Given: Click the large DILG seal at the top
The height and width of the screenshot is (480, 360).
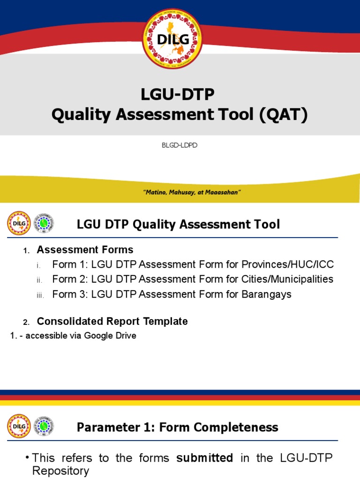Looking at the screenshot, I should pyautogui.click(x=172, y=39).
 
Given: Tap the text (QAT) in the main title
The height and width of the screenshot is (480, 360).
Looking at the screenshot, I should pyautogui.click(x=283, y=114).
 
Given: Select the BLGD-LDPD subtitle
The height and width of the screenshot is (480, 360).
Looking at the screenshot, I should pyautogui.click(x=180, y=145).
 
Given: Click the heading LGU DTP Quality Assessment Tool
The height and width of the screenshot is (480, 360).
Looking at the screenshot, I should pyautogui.click(x=178, y=225).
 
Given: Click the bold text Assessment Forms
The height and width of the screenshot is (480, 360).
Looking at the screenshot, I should pyautogui.click(x=85, y=249).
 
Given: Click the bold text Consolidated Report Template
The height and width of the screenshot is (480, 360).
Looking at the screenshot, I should pyautogui.click(x=112, y=322).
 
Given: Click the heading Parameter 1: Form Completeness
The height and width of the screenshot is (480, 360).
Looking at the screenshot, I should pyautogui.click(x=177, y=427).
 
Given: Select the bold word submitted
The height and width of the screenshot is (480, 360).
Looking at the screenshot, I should pyautogui.click(x=204, y=458).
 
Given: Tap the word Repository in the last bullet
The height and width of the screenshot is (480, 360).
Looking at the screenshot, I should pyautogui.click(x=60, y=471).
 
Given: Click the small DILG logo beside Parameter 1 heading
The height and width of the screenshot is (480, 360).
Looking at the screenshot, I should pyautogui.click(x=19, y=426).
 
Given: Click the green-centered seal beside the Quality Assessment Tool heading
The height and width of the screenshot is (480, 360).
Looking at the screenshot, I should pyautogui.click(x=45, y=224).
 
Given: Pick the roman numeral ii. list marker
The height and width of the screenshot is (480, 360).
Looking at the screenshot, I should pyautogui.click(x=40, y=280).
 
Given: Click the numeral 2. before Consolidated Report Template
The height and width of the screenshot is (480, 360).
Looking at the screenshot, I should pyautogui.click(x=27, y=322).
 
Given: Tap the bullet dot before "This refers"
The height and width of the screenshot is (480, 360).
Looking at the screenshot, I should pyautogui.click(x=28, y=458).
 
